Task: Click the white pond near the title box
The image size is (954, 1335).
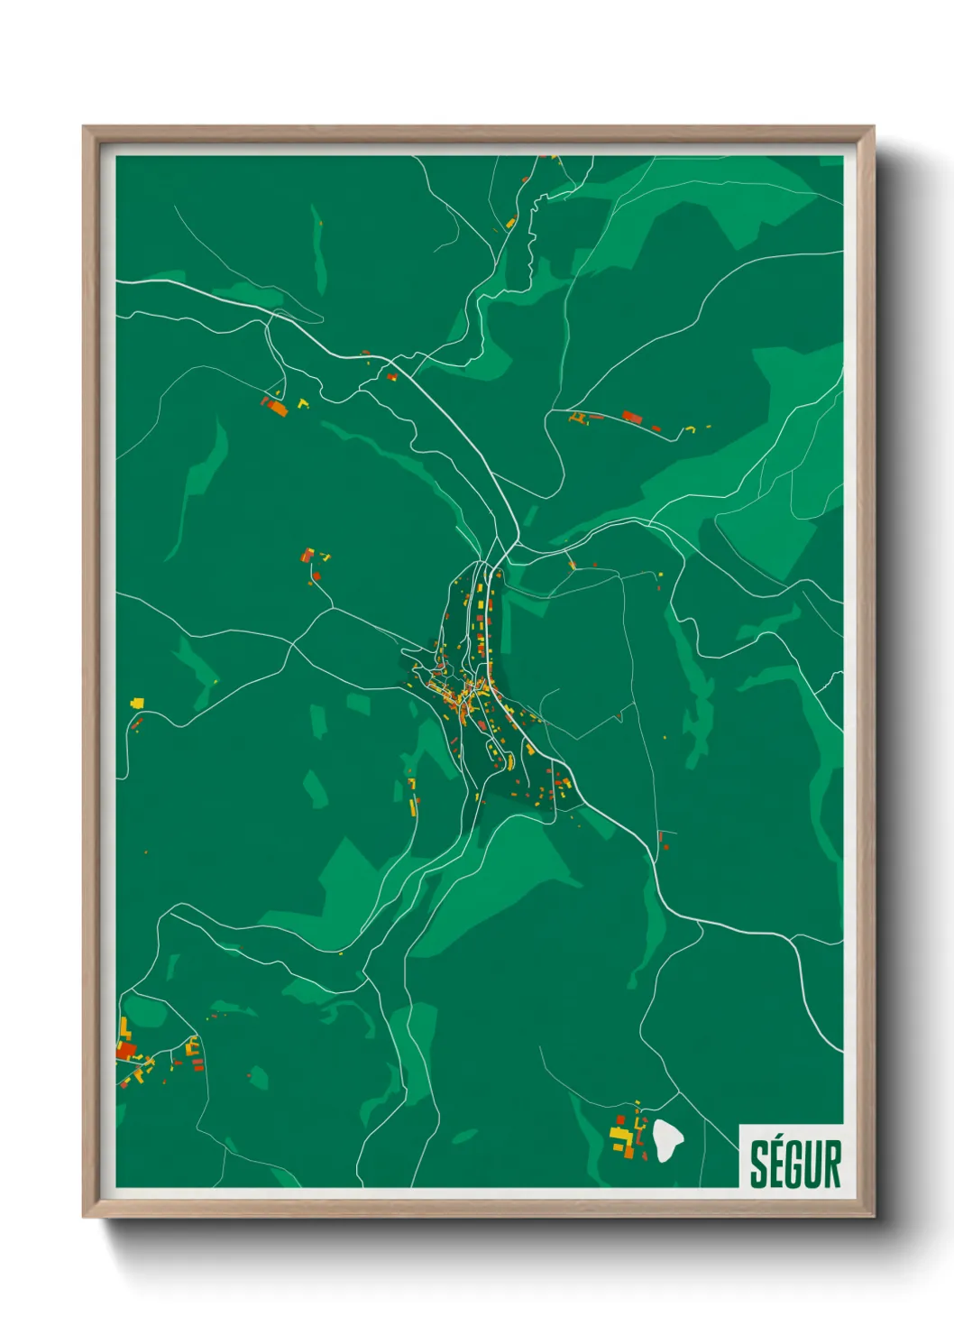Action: tap(668, 1140)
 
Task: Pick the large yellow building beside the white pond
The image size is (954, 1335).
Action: tap(619, 1136)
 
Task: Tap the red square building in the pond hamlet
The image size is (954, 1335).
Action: tap(620, 1119)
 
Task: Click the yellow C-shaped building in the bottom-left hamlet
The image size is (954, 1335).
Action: tap(191, 1047)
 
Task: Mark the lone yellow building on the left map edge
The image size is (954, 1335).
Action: tap(137, 701)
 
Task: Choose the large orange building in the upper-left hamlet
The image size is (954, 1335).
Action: tap(276, 408)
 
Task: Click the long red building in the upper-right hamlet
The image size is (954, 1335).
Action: tap(632, 417)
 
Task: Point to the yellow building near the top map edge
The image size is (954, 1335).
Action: tap(510, 222)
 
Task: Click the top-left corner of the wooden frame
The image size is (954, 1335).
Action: tap(85, 128)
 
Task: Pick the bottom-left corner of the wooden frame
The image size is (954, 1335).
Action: tap(85, 1216)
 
